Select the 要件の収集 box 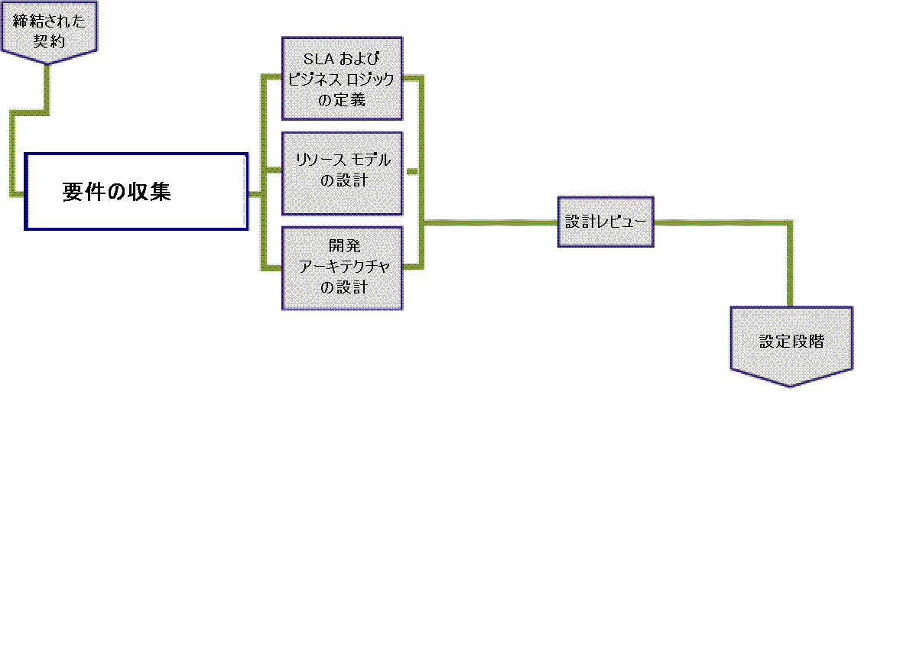pos(136,191)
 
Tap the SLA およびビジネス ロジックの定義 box pos(343,79)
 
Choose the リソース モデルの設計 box pos(343,173)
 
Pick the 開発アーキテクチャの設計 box pos(343,267)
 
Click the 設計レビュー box pos(606,222)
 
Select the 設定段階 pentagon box pos(791,342)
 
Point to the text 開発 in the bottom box pos(343,246)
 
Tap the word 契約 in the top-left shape pos(50,41)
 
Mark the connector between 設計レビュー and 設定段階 pos(790,260)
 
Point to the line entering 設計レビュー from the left pos(489,222)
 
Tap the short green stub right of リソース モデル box pos(411,173)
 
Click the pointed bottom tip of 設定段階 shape pos(791,384)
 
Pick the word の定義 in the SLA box pos(343,99)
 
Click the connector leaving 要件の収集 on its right pos(255,194)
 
